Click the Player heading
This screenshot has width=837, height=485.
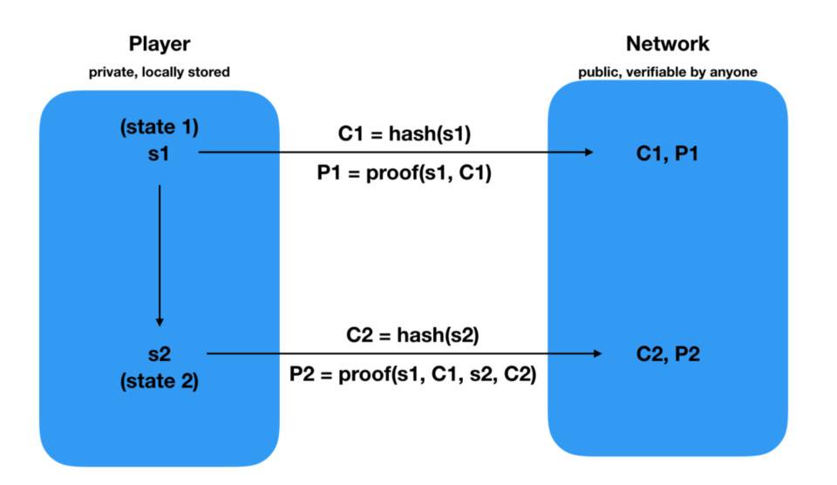(160, 44)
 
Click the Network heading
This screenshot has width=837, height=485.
(668, 44)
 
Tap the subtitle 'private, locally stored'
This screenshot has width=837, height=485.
(160, 72)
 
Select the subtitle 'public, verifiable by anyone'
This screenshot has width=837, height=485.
(668, 72)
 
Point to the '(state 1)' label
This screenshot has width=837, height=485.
(160, 127)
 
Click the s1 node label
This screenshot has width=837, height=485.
(160, 153)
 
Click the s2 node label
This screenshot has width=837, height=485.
(160, 355)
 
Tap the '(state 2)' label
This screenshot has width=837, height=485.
(160, 381)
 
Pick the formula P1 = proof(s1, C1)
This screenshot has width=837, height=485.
(404, 174)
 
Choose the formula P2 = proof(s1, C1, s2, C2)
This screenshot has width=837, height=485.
(412, 374)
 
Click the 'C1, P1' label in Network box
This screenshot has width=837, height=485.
(668, 154)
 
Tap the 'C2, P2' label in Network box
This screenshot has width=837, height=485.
(668, 355)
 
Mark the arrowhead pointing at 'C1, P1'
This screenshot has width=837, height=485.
(588, 153)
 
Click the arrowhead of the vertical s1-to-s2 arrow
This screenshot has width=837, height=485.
(160, 320)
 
